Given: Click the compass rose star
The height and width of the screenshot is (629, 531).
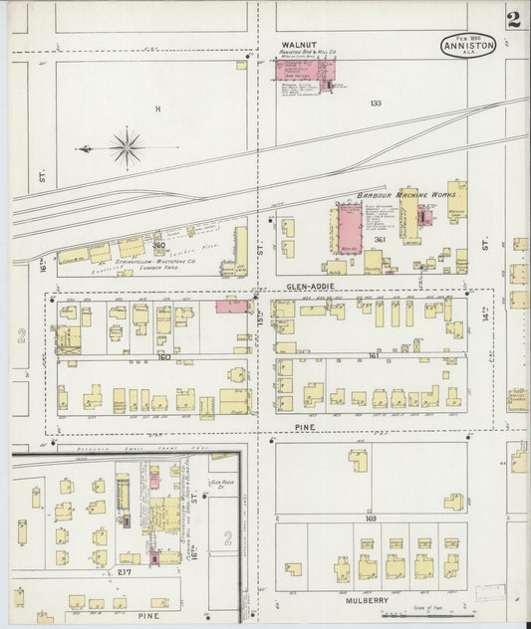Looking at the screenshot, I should (x=127, y=148).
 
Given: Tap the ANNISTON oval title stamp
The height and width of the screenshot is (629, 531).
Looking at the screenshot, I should (x=468, y=46).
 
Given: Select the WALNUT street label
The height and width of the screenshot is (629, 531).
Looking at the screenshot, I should (x=298, y=45).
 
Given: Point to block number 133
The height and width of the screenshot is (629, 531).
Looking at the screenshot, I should (x=376, y=104).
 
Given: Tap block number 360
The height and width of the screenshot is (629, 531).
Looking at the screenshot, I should (x=158, y=245).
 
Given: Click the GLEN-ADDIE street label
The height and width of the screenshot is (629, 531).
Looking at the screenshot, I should (x=308, y=286).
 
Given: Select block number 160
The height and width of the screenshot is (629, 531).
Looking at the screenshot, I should (x=163, y=356).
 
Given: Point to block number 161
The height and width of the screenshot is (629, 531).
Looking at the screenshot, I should (x=373, y=355).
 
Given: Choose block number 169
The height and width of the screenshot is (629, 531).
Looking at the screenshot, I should (x=372, y=519).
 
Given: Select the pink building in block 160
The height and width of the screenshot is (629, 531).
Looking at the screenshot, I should (x=232, y=306).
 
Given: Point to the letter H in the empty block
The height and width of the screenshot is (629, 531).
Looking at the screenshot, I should (x=156, y=107).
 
